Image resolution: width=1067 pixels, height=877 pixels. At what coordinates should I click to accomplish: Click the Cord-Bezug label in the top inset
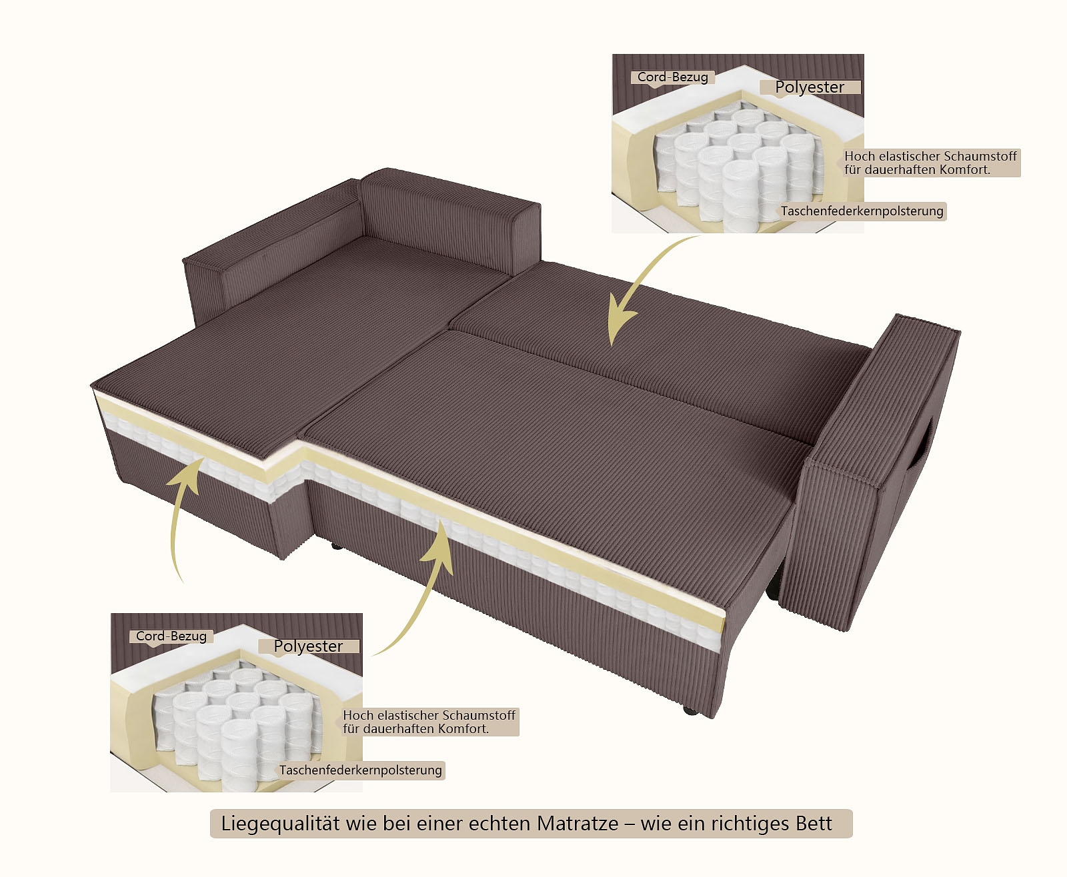[x=672, y=77]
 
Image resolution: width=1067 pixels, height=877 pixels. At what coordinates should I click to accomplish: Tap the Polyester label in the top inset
[x=810, y=87]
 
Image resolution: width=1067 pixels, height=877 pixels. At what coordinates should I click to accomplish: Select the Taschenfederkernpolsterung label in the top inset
[x=862, y=211]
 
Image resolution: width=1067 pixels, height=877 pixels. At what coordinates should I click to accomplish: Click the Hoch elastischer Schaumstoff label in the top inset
[x=930, y=163]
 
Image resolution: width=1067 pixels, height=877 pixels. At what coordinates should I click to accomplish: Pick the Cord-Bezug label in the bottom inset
[x=171, y=636]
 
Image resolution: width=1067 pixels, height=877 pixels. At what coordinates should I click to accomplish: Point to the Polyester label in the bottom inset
[x=308, y=646]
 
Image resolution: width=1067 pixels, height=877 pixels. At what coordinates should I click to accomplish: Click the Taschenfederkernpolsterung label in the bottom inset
[x=360, y=770]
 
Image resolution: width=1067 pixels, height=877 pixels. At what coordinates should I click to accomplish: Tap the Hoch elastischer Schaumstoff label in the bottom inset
[x=429, y=722]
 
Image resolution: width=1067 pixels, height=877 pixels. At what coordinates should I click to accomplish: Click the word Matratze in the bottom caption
[x=578, y=824]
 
